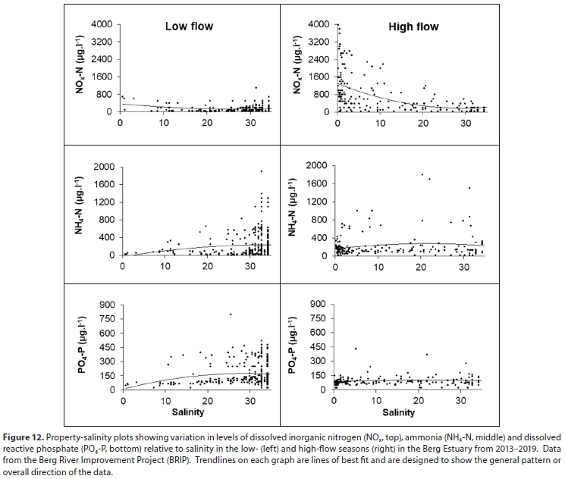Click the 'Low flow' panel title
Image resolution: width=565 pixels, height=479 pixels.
(x=189, y=27)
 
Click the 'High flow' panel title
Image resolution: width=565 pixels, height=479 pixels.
(x=413, y=27)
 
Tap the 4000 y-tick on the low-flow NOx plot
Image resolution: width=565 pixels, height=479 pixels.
(x=101, y=24)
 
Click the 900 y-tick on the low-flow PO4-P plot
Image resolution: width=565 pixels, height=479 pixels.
(x=106, y=305)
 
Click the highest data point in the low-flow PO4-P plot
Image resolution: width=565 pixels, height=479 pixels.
(x=231, y=314)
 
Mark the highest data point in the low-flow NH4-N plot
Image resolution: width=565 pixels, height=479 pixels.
(x=261, y=171)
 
